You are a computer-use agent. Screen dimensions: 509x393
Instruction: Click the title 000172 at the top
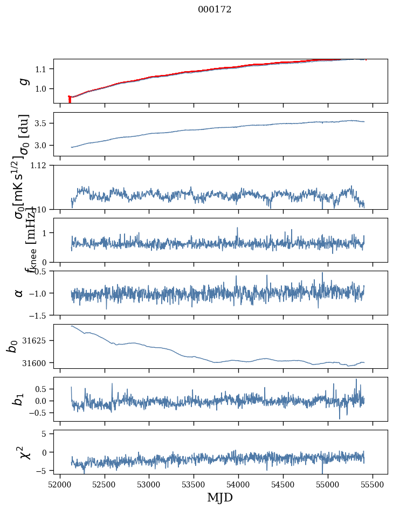(x=215, y=10)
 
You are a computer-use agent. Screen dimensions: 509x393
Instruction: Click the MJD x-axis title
(x=220, y=497)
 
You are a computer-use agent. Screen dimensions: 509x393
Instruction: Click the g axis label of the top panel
(x=23, y=81)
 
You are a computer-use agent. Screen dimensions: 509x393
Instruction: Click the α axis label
(x=19, y=293)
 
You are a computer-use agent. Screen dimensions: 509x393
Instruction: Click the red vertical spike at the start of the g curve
(x=70, y=99)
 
